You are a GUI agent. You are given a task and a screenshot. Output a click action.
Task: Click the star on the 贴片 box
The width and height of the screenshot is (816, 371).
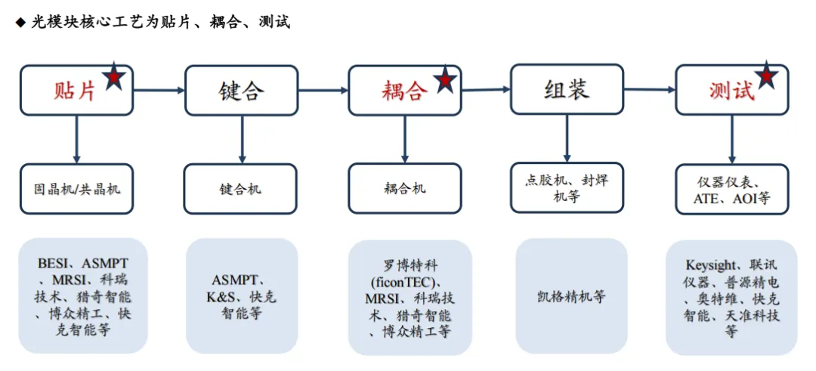pyautogui.click(x=114, y=76)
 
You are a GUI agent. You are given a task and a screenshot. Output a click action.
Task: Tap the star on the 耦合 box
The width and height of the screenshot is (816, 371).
pyautogui.click(x=445, y=78)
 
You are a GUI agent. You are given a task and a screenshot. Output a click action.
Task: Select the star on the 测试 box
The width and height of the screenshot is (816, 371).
pyautogui.click(x=767, y=76)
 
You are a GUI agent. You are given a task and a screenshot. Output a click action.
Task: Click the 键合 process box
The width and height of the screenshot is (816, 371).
pyautogui.click(x=241, y=91)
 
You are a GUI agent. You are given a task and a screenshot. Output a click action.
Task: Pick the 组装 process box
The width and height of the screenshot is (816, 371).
pyautogui.click(x=567, y=89)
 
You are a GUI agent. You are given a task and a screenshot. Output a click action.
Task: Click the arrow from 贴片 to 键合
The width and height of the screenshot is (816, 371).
pyautogui.click(x=159, y=91)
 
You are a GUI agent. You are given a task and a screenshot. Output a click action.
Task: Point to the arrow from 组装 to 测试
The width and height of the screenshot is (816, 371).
pyautogui.click(x=650, y=90)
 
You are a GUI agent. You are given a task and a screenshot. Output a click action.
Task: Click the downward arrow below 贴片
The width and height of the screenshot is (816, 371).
pyautogui.click(x=76, y=139)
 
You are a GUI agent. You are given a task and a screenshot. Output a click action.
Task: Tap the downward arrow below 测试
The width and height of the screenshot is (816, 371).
pyautogui.click(x=731, y=139)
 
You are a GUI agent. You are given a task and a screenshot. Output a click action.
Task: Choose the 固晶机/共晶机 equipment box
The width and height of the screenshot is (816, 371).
pyautogui.click(x=76, y=188)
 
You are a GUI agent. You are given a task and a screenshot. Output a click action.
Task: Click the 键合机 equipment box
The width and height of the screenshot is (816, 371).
pyautogui.click(x=241, y=188)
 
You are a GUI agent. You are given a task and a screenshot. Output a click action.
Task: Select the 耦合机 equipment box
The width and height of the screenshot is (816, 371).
pyautogui.click(x=404, y=187)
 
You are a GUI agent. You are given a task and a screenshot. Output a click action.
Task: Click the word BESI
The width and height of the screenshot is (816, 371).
pyautogui.click(x=53, y=264)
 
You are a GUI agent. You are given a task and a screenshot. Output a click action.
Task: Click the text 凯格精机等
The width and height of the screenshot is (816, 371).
pyautogui.click(x=571, y=296)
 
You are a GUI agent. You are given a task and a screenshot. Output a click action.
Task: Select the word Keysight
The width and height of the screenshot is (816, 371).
pyautogui.click(x=710, y=265)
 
